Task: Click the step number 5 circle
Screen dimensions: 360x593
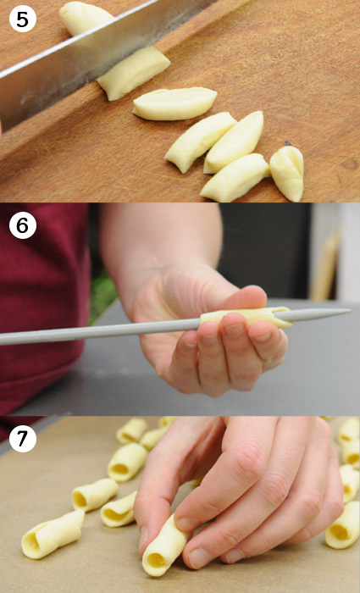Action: coord(22,18)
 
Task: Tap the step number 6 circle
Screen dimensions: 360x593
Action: coord(23,225)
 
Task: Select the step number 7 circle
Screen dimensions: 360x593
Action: coord(23,438)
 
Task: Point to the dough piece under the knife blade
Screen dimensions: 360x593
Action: coord(134,72)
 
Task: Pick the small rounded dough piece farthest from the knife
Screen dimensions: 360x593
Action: coord(287,173)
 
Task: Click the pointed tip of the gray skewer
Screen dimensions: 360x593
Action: coord(350,311)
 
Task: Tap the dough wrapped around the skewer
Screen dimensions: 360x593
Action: coord(246,316)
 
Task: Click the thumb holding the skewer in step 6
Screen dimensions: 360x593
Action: coord(242,296)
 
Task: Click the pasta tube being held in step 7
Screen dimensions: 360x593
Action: coord(166,546)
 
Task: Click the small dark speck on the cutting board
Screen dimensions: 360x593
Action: coord(287,143)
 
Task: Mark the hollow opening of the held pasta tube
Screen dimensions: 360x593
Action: coord(155,561)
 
